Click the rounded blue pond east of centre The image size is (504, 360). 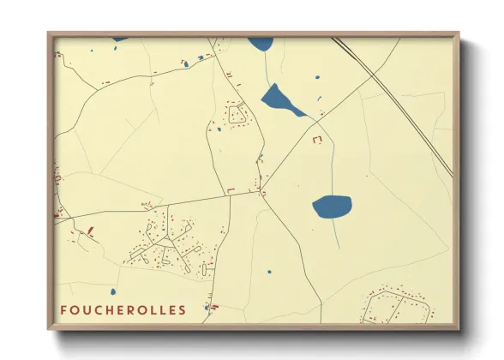pyautogui.click(x=332, y=206)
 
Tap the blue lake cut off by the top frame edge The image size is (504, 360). pyautogui.click(x=261, y=43)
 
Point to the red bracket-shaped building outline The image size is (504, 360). pyautogui.click(x=319, y=140)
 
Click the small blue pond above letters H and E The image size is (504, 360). pyautogui.click(x=207, y=306)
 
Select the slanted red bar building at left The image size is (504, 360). pyautogui.click(x=89, y=230)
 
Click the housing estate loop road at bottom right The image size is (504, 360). pyautogui.click(x=393, y=305)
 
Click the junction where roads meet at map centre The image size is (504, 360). pyautogui.click(x=261, y=190)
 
